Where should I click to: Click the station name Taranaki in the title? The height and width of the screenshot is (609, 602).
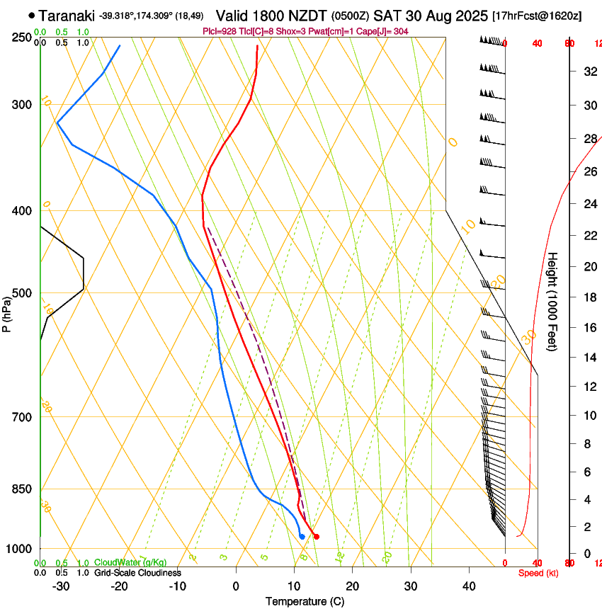point(67,16)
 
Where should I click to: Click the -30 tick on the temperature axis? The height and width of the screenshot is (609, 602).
point(61,586)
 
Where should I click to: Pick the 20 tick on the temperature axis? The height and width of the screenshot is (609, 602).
point(352,586)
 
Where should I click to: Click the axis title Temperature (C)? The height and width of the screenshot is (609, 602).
point(305,601)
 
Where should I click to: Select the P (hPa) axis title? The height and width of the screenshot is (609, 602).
point(6,312)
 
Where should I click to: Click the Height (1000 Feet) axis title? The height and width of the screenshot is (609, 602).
point(552,302)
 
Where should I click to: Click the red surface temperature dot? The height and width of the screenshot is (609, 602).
point(316,537)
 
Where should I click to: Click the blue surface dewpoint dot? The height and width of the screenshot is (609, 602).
point(302,537)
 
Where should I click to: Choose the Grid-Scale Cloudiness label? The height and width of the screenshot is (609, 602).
point(137,573)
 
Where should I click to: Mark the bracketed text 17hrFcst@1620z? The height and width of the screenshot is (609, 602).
point(536,16)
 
